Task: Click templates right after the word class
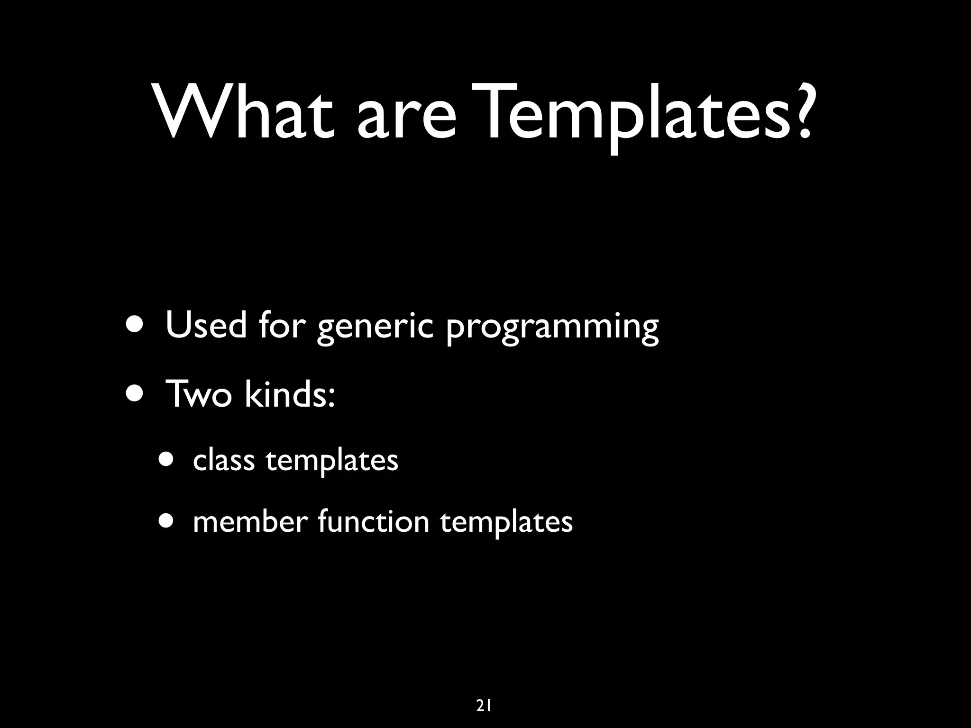tap(332, 462)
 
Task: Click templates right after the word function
tap(506, 523)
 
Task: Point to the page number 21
tap(483, 692)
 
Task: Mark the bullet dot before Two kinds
tap(137, 393)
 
